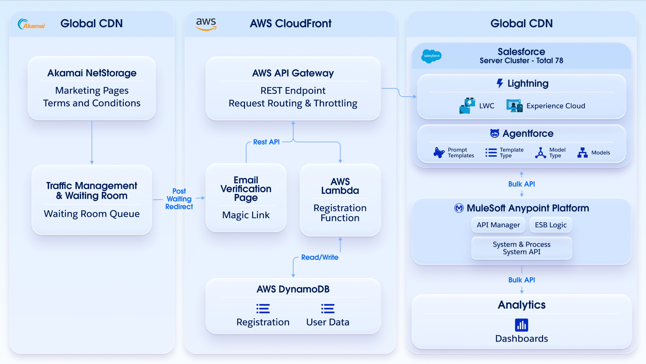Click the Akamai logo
[31, 24]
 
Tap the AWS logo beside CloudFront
[206, 24]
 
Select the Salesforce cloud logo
[431, 56]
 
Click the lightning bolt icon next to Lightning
[500, 83]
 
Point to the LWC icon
[467, 106]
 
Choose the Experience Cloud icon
[514, 106]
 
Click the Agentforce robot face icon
[494, 133]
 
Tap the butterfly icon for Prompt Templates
[439, 152]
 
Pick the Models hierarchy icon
[582, 152]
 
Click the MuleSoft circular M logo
[459, 208]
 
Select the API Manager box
[498, 225]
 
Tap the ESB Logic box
[551, 225]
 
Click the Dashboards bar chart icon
[521, 325]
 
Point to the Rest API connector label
[266, 142]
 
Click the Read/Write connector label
[320, 257]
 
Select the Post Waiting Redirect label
[179, 199]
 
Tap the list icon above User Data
[328, 309]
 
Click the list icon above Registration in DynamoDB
[263, 309]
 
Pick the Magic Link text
[246, 215]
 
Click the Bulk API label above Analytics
[521, 280]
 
